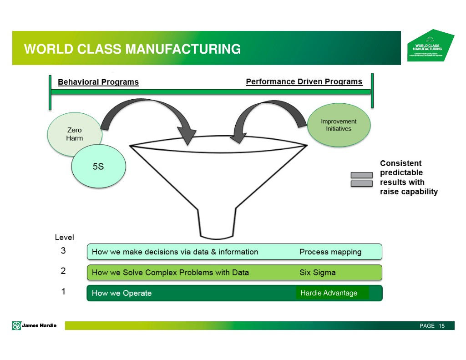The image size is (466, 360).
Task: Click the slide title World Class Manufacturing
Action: point(132,49)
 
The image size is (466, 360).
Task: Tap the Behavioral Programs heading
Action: point(98,82)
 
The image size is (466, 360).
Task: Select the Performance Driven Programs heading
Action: point(304,82)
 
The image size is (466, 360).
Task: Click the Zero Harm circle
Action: point(74,133)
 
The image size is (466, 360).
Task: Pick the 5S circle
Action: point(98,167)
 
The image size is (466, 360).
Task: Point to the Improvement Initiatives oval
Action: point(338,125)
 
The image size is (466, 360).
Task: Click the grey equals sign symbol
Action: point(362,179)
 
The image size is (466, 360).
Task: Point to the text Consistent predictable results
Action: point(408,177)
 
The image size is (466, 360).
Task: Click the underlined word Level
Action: point(64,238)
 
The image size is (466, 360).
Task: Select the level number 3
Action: point(64,251)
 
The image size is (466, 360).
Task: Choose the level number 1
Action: point(64,292)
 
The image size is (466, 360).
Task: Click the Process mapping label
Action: point(330,252)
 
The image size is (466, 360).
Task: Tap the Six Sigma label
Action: point(318,273)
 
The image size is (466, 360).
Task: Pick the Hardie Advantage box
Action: point(332,293)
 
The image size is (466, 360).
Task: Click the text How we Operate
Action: point(122,293)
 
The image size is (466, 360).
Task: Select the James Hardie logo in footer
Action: point(35,325)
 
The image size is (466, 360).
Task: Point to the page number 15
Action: point(441,326)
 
